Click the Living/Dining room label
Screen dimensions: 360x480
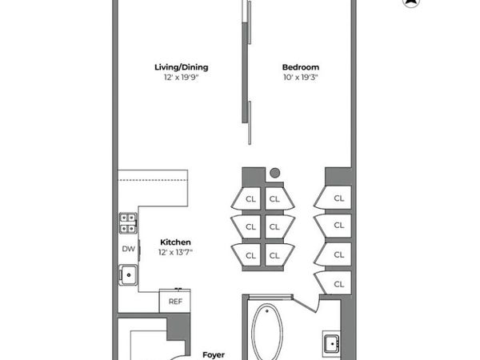point(175,67)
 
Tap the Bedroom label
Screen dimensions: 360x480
point(300,67)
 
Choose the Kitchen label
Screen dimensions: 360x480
point(175,242)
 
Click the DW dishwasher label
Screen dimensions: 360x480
point(128,249)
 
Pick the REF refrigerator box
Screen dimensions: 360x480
point(175,302)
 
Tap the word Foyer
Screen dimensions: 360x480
point(213,354)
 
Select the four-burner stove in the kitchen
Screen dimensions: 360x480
point(128,223)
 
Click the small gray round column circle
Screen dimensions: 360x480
point(274,172)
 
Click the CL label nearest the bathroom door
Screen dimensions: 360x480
point(338,284)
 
